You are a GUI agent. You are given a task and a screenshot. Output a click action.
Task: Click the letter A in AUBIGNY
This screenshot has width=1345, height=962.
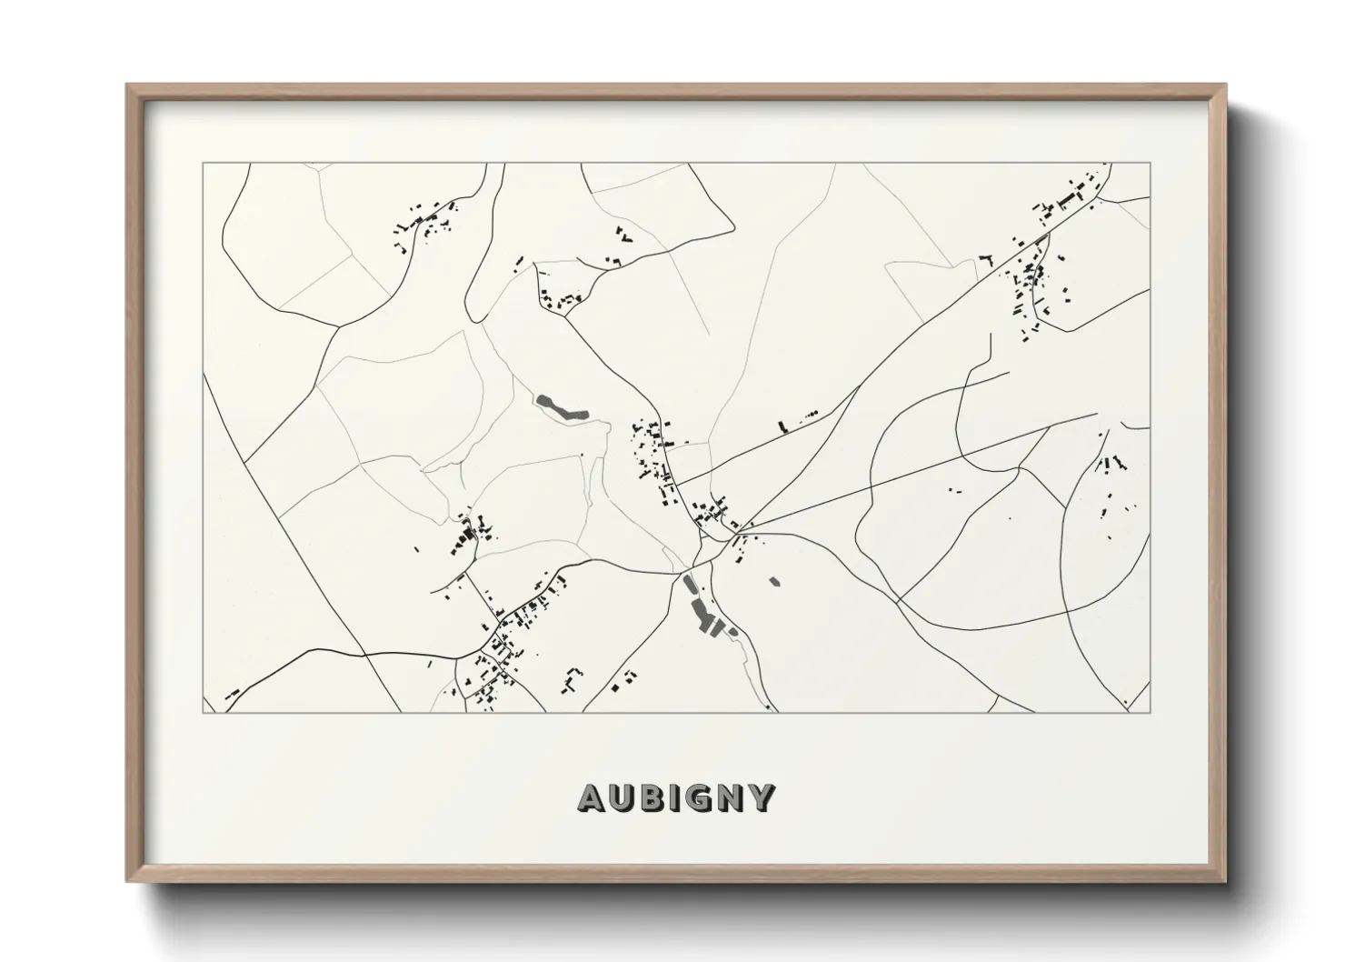tap(592, 797)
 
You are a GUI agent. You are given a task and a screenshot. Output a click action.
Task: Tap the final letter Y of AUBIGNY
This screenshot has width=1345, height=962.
tap(762, 797)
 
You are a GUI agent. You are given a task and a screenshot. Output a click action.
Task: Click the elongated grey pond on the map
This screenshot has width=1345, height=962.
tap(561, 407)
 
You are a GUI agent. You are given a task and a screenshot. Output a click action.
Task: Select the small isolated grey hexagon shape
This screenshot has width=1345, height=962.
tap(774, 580)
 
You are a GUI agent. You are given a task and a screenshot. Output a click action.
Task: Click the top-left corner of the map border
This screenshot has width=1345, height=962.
tap(203, 164)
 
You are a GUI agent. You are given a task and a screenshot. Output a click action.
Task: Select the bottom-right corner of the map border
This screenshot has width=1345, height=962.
tap(1151, 712)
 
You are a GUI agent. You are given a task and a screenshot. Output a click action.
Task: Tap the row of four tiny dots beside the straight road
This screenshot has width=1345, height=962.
tap(808, 415)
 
